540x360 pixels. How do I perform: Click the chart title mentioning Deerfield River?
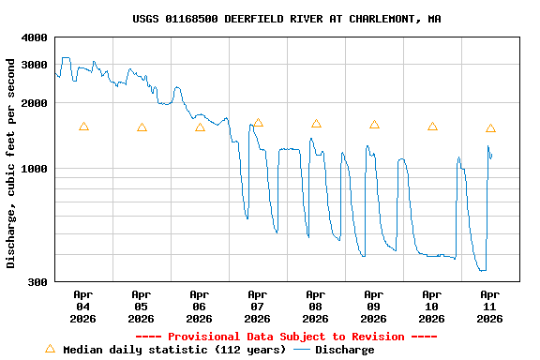tap(287, 19)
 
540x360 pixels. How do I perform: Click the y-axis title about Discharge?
tap(11, 163)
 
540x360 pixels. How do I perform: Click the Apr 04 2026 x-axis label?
tap(83, 307)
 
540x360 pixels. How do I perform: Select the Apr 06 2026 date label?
tap(200, 307)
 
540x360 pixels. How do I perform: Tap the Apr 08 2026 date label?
tap(316, 307)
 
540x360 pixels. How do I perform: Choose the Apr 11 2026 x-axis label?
tap(490, 307)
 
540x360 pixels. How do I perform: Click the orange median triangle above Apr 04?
tap(83, 127)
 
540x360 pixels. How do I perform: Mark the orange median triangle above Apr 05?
tap(142, 127)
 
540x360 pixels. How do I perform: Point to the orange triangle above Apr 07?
tap(258, 123)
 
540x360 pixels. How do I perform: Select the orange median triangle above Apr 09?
tap(374, 125)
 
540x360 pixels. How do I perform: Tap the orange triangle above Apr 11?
tap(490, 128)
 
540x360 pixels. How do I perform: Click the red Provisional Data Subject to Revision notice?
tap(287, 337)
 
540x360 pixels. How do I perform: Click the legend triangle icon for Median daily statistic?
tap(50, 349)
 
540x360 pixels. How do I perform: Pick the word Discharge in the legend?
tap(344, 350)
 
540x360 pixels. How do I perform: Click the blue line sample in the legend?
tap(302, 350)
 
